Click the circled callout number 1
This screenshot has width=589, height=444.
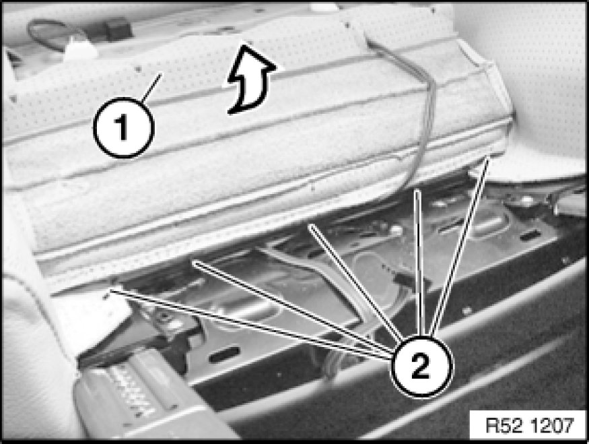124,127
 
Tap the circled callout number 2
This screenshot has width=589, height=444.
421,365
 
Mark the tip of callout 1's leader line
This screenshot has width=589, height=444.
161,74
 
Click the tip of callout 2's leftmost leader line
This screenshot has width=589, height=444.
110,290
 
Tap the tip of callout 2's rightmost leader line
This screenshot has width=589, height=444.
489,158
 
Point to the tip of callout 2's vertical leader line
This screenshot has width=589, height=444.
416,191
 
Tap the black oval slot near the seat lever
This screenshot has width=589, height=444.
224,354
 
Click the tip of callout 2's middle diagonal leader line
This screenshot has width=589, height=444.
310,225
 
